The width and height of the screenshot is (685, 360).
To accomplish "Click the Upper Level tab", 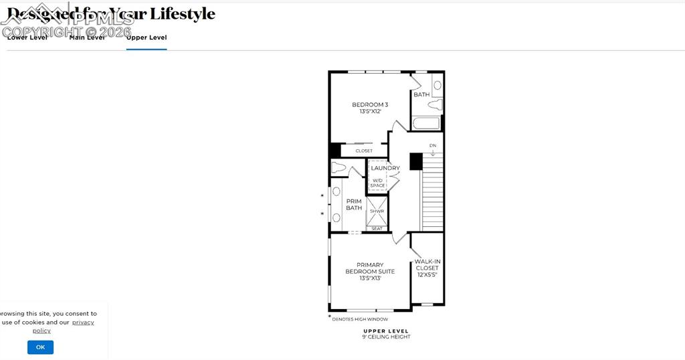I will pyautogui.click(x=146, y=38).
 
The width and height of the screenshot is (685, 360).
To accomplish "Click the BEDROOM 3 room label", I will pyautogui.click(x=370, y=104).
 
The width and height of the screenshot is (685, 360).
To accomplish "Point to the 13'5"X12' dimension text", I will pyautogui.click(x=370, y=112).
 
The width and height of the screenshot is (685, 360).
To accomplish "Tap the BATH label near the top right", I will pyautogui.click(x=421, y=95).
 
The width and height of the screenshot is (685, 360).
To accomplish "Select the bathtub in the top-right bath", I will pyautogui.click(x=426, y=123).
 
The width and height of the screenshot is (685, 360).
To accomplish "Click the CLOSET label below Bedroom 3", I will pyautogui.click(x=364, y=151).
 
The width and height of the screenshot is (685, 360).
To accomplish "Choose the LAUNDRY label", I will pyautogui.click(x=385, y=168).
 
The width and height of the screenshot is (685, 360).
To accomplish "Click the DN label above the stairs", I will pyautogui.click(x=433, y=145).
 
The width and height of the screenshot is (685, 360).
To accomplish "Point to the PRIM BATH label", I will pyautogui.click(x=354, y=204).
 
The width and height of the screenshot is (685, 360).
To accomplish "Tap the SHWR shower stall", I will pyautogui.click(x=377, y=211).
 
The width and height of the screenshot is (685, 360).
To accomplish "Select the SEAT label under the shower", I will pyautogui.click(x=377, y=229).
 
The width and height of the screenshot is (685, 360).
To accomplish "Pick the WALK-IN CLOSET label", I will pyautogui.click(x=427, y=265).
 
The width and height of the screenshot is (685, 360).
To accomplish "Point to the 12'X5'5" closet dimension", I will pyautogui.click(x=427, y=275).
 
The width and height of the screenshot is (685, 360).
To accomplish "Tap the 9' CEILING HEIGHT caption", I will pyautogui.click(x=386, y=337).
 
